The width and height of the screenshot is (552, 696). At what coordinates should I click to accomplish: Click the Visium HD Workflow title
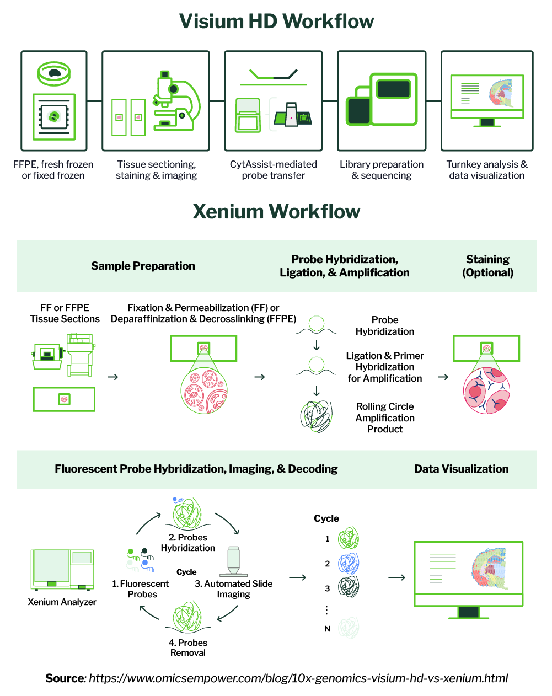[276, 22]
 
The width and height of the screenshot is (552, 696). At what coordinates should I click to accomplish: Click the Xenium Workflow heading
[276, 212]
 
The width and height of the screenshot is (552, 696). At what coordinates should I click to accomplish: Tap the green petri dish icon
[54, 73]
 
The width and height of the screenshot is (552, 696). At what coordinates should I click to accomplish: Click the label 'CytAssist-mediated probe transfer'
[274, 170]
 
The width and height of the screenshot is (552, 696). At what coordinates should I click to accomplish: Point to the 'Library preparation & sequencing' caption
[382, 170]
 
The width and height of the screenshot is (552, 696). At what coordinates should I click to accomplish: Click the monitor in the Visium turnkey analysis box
[487, 99]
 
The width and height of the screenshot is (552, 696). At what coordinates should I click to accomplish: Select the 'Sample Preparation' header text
[143, 266]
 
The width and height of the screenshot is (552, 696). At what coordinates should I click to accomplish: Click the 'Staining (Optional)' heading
[487, 266]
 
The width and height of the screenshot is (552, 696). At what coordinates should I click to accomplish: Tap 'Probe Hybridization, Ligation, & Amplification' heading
[344, 266]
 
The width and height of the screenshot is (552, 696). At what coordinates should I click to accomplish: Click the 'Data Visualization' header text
[461, 469]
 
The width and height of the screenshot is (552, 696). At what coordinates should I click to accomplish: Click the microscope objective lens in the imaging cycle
[233, 561]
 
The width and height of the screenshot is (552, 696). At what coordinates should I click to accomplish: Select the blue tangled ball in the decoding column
[349, 563]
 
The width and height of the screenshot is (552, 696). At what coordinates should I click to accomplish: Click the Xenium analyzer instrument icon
[62, 569]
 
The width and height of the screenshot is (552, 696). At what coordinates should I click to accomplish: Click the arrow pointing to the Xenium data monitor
[396, 577]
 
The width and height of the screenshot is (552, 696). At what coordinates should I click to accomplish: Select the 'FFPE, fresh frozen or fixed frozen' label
[53, 170]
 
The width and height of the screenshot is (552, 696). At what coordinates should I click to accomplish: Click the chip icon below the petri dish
[54, 117]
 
